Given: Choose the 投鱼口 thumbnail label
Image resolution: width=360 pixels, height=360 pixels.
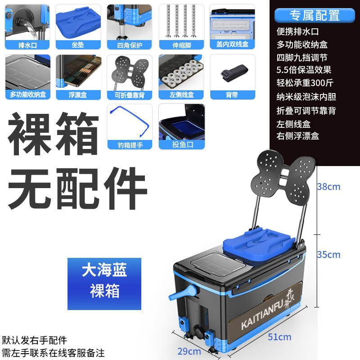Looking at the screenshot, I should pyautogui.click(x=181, y=144).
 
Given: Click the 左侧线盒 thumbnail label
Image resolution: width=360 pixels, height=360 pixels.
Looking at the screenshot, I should pyautogui.click(x=181, y=94).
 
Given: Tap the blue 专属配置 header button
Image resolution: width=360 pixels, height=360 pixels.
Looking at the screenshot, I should pyautogui.click(x=315, y=15).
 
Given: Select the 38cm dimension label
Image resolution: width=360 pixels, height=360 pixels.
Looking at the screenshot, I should pyautogui.click(x=328, y=186).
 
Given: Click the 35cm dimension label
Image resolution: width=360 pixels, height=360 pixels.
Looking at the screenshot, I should pyautogui.click(x=328, y=255).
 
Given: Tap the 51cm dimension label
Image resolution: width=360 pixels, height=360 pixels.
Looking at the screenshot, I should pyautogui.click(x=279, y=337).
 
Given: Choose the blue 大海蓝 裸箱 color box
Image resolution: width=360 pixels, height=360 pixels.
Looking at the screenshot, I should pyautogui.click(x=104, y=283).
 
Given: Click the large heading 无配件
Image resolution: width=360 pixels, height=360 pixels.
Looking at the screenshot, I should pyautogui.click(x=78, y=188).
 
